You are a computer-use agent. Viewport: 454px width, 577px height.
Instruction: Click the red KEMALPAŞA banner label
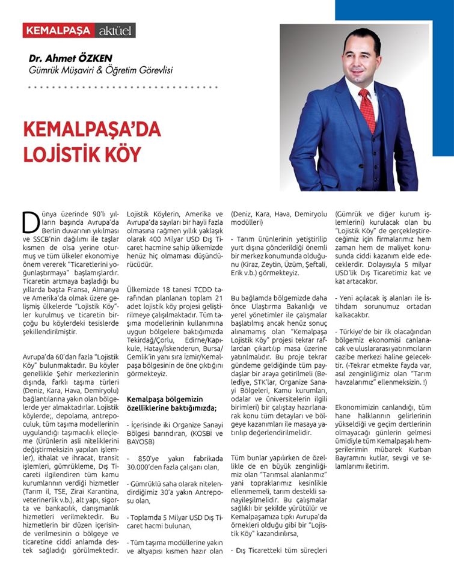click(58, 30)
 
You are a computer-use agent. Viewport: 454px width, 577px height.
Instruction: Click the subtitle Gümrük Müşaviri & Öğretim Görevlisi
click(101, 70)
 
